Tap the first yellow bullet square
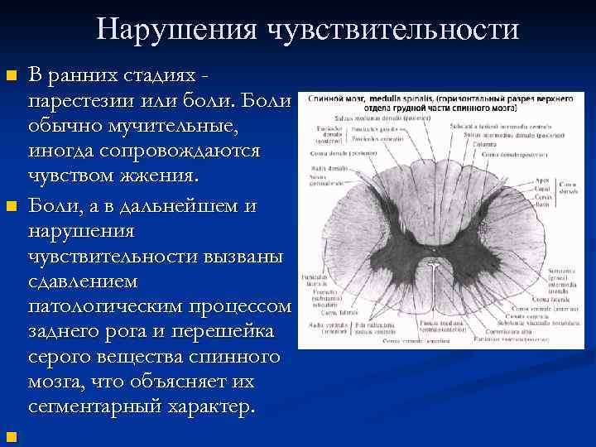click(x=11, y=76)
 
